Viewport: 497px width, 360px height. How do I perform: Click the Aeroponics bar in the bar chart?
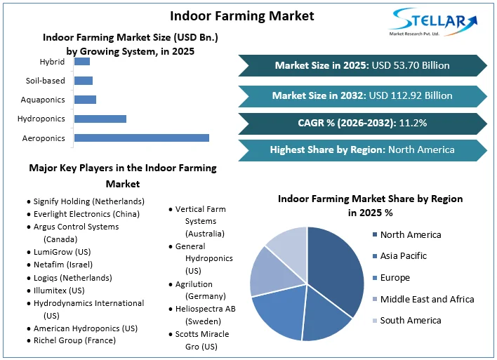pyautogui.click(x=141, y=138)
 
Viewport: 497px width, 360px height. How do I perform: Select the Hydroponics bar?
pyautogui.click(x=100, y=119)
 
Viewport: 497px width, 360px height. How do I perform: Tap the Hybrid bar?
pyautogui.click(x=81, y=62)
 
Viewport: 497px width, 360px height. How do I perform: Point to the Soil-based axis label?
pyautogui.click(x=45, y=81)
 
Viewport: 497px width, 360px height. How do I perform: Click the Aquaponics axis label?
pyautogui.click(x=43, y=100)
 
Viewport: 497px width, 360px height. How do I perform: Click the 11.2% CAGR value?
pyautogui.click(x=413, y=124)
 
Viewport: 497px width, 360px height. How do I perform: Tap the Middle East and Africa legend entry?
pyautogui.click(x=427, y=299)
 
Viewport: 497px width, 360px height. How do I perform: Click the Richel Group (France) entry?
pyautogui.click(x=74, y=341)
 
